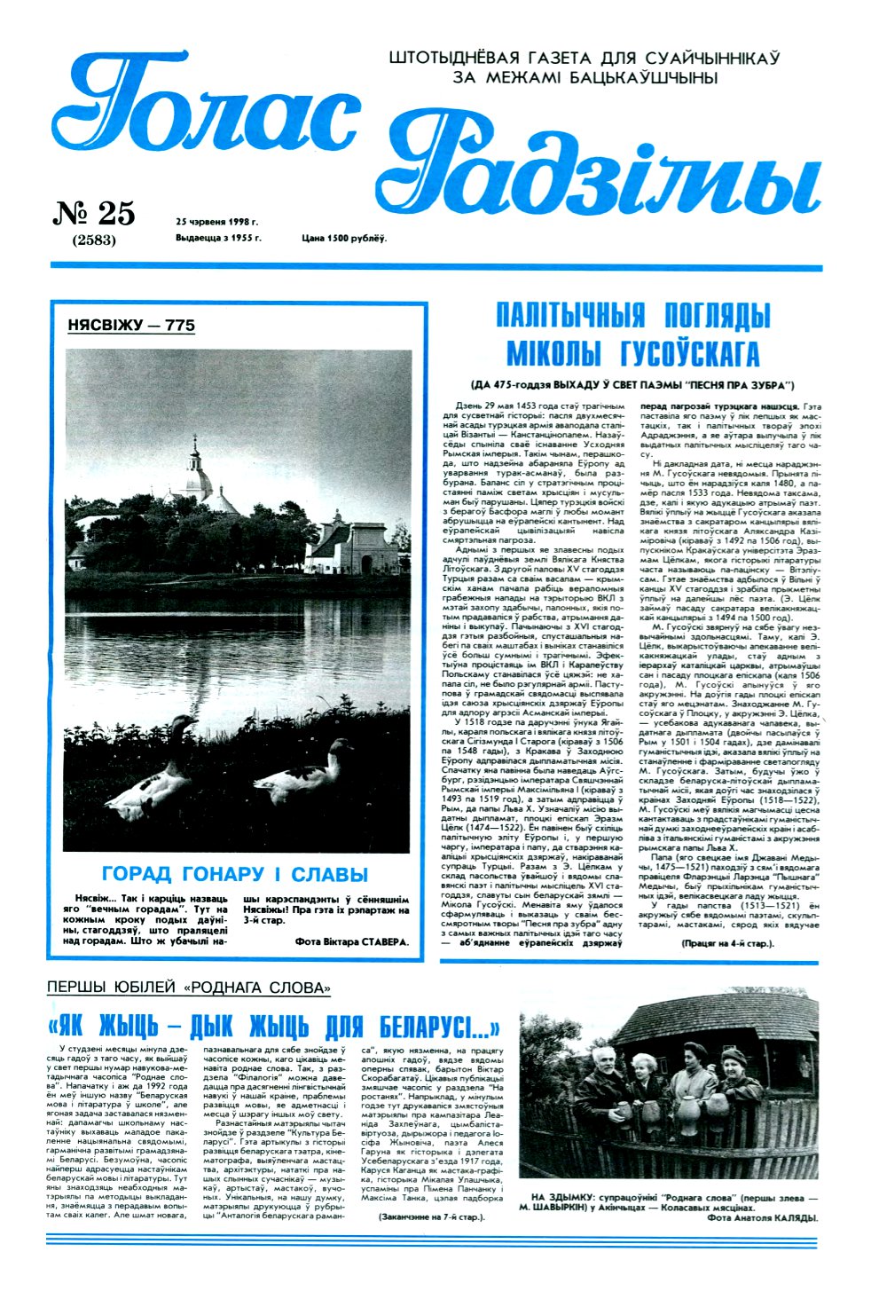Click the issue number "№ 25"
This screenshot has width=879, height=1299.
(95, 214)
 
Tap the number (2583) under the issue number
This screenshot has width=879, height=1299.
(94, 240)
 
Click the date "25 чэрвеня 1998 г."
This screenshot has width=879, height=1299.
(216, 222)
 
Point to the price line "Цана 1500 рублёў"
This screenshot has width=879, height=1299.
(344, 238)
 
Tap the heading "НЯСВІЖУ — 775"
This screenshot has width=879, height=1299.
(131, 326)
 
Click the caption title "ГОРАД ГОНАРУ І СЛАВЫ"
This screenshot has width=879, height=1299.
(235, 874)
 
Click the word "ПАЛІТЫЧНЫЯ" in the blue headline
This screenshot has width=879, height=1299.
(557, 316)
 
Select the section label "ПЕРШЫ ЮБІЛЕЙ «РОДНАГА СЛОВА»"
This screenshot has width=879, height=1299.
(189, 988)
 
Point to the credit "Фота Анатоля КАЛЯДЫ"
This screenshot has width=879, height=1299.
(761, 1218)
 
